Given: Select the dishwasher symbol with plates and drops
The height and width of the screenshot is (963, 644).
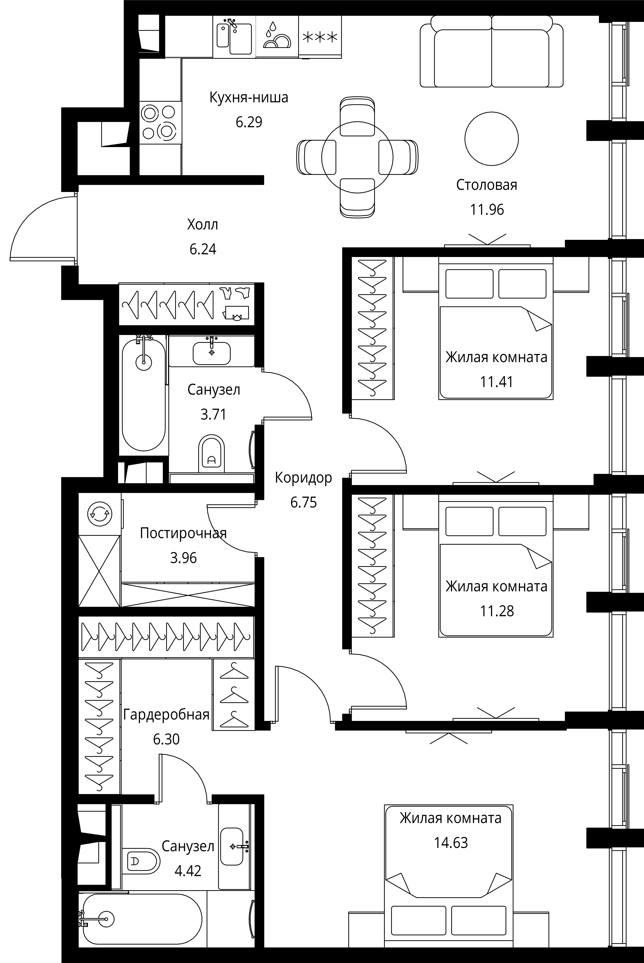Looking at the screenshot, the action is [277, 37].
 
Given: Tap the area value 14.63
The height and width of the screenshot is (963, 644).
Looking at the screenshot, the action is [451, 843].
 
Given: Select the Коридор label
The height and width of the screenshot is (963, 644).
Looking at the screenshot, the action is [304, 478].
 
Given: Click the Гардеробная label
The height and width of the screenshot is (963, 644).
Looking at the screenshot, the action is [166, 715].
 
